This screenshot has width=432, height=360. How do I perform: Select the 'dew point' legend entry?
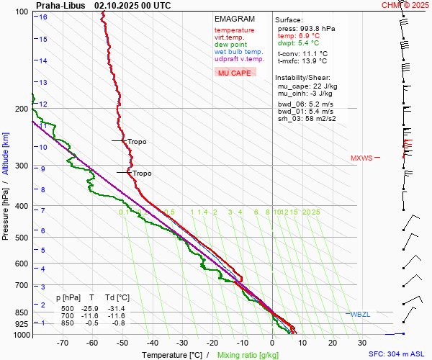point(230,45)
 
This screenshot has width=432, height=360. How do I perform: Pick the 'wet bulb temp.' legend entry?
point(238,52)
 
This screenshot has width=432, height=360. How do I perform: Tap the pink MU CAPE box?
point(235,73)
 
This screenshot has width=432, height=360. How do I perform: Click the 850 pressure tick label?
point(21,312)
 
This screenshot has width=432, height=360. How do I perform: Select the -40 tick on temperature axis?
point(152,343)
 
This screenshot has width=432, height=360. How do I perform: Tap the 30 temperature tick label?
point(361,343)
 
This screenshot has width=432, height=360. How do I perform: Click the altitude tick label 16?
point(43,17)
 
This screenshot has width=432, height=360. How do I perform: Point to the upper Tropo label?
point(137,142)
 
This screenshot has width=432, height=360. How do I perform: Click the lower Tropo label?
point(142,174)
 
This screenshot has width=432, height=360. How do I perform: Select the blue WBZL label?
point(359,315)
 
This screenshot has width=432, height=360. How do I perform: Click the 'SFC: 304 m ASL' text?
point(398,354)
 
